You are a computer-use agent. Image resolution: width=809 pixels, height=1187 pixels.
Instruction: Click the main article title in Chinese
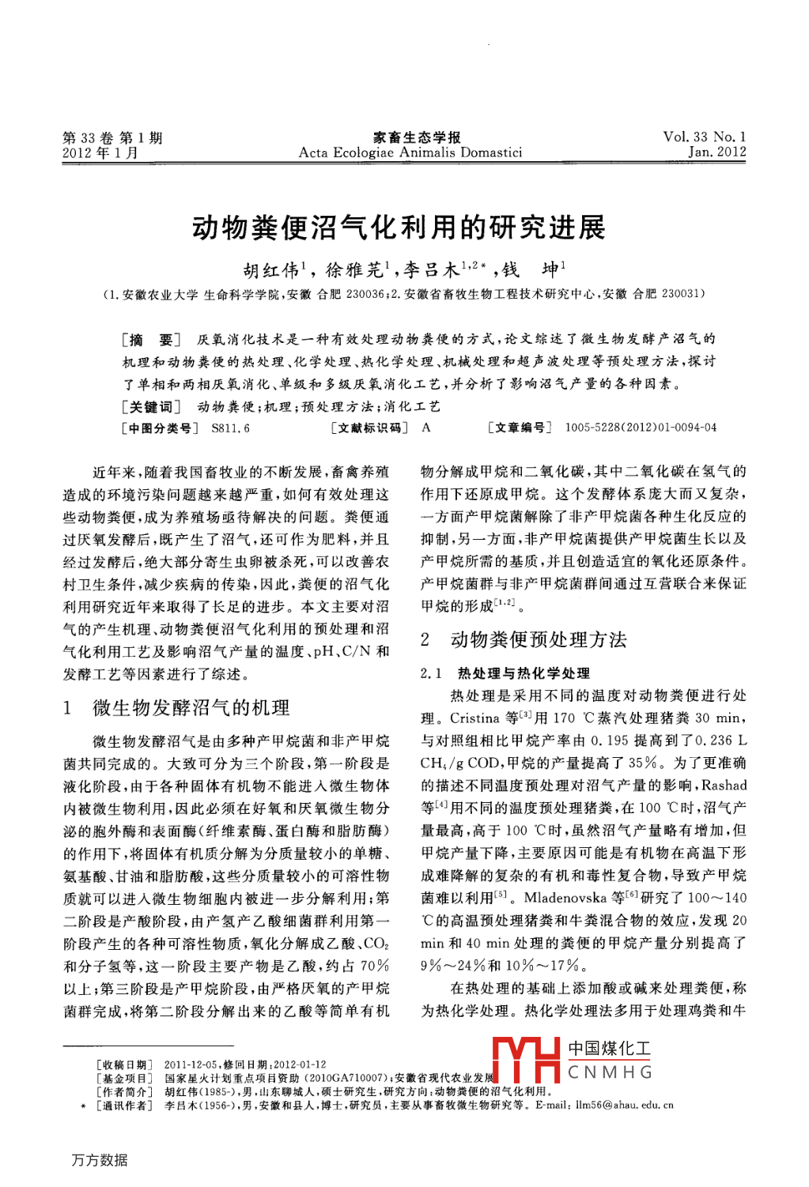pos(399,228)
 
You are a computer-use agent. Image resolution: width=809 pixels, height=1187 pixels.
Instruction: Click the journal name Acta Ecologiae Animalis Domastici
pos(410,153)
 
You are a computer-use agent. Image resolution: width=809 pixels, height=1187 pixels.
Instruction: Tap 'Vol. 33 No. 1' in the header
pos(705,137)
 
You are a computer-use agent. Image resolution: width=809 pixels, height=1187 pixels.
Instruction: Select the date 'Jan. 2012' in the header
pos(716,152)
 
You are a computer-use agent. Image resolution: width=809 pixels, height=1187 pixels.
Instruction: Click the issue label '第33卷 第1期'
pos(112,138)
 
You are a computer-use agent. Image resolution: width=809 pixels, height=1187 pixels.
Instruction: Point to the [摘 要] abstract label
pos(151,340)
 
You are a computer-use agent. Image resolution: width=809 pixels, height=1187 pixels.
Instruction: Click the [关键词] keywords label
pos(151,407)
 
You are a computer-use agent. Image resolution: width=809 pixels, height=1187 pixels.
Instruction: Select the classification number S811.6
pos(230,428)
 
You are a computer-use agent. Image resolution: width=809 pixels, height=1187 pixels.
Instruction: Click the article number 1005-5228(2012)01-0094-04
pos(641,428)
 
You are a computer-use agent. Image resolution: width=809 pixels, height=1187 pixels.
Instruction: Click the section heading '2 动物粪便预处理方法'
pos(524,639)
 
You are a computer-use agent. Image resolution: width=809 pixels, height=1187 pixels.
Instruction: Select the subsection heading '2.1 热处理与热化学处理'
pos(505,673)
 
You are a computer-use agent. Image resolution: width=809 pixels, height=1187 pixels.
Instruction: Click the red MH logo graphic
pos(526,1060)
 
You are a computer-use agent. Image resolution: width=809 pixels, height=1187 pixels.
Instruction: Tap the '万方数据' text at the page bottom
pos(100,1160)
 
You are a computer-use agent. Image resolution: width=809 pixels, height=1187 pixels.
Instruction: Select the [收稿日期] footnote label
pos(125,1065)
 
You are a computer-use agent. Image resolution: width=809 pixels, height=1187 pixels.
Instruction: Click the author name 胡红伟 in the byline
pos(270,271)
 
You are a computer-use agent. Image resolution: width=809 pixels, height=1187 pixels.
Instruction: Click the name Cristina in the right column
pos(475,718)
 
